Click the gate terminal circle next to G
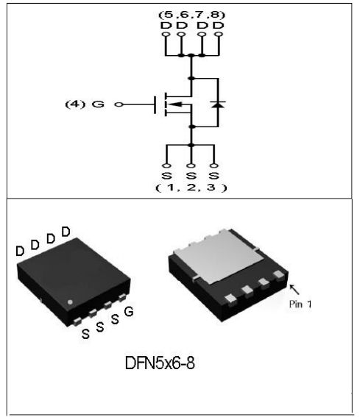coord(119,104)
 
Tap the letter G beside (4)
coord(98,104)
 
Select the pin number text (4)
coord(75,104)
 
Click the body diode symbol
coord(218,104)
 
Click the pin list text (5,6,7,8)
coord(191,15)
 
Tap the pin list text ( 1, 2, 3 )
coord(191,188)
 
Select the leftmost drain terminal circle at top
coord(166,34)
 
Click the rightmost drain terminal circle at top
coord(219,34)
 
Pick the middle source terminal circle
coord(191,165)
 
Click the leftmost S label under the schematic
coord(166,176)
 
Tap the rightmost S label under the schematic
coord(213,176)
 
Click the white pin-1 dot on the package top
coord(70,302)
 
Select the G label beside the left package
coord(129,311)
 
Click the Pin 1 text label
coord(300,304)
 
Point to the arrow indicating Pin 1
coord(294,290)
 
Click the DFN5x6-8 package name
coord(160,363)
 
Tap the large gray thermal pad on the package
coord(219,256)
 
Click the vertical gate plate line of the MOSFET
coord(155,104)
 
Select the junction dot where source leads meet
coord(191,145)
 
